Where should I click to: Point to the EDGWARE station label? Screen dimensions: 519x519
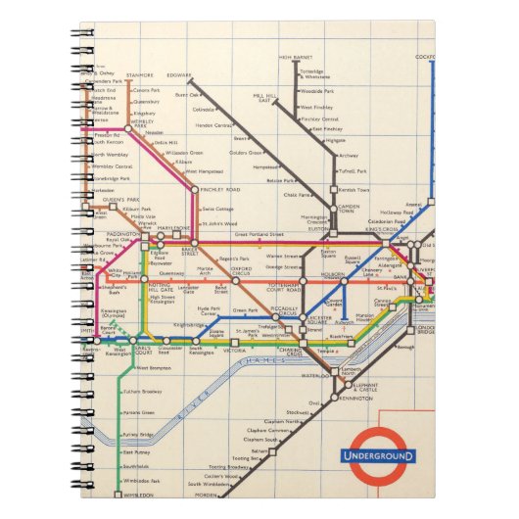(180, 74)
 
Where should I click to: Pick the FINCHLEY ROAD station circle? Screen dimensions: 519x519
(195, 188)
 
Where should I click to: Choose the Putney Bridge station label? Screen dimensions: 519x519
(137, 434)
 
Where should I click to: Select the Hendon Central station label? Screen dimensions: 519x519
(210, 125)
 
